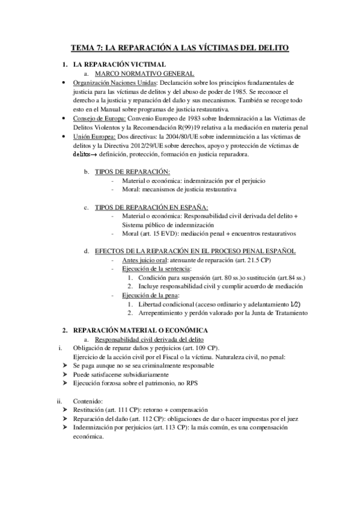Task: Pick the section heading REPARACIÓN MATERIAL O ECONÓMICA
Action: [x=140, y=331]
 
